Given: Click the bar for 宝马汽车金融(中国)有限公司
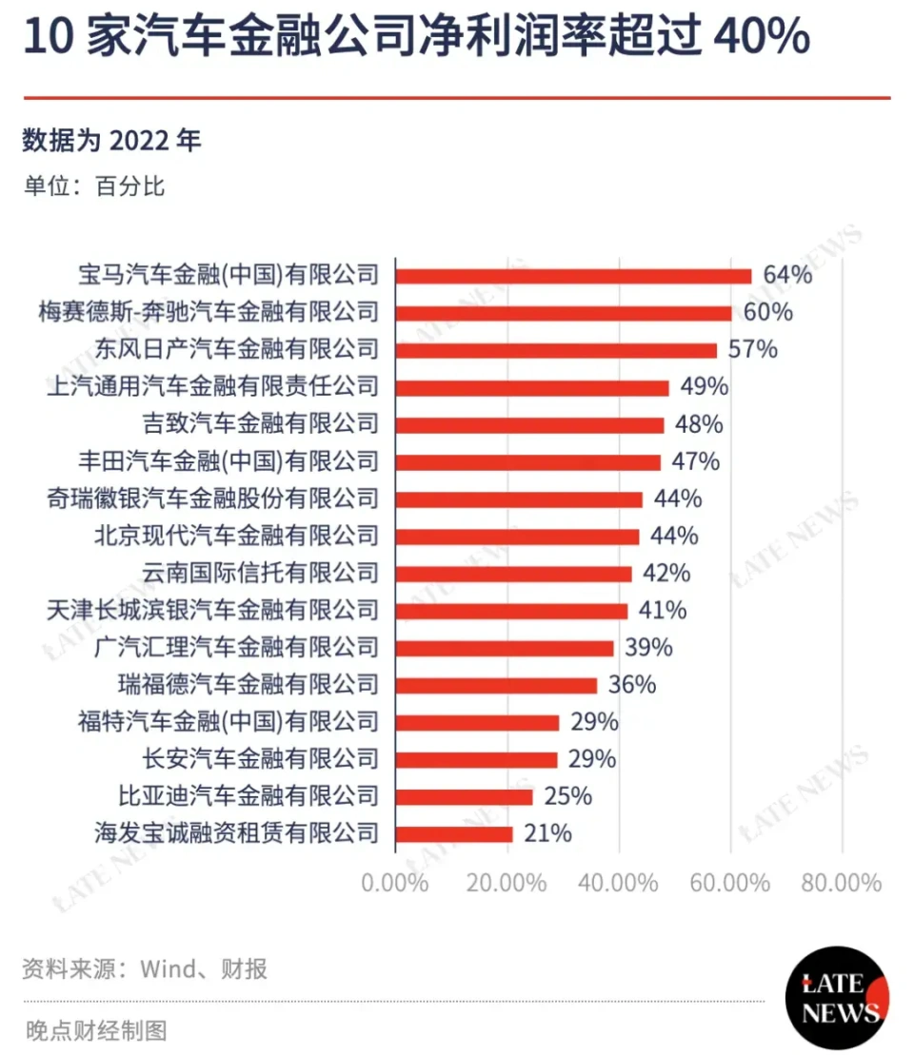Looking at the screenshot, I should tap(573, 276).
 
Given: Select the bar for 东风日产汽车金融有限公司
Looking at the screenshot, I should tap(556, 350).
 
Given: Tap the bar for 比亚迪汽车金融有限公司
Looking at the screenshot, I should tap(465, 796).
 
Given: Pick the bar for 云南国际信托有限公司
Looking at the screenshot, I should tap(514, 574).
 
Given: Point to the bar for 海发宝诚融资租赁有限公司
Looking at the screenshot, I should tap(454, 834).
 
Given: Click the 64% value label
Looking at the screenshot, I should tap(787, 276).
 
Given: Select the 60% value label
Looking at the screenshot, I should tap(768, 313).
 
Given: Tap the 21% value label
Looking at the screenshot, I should tap(547, 834).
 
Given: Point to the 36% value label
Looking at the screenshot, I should tap(631, 685).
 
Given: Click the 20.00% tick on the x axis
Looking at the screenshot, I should tap(507, 883).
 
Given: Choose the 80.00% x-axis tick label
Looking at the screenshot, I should tap(842, 883).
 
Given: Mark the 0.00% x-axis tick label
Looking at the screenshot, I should tap(395, 883).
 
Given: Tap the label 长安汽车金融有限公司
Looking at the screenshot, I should tap(261, 759).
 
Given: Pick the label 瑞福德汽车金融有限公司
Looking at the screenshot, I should tap(248, 685).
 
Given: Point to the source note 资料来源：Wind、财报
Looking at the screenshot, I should tap(145, 969).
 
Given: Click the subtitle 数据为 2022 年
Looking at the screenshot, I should tap(112, 141).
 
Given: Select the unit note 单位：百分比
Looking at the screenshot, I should tap(94, 186).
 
